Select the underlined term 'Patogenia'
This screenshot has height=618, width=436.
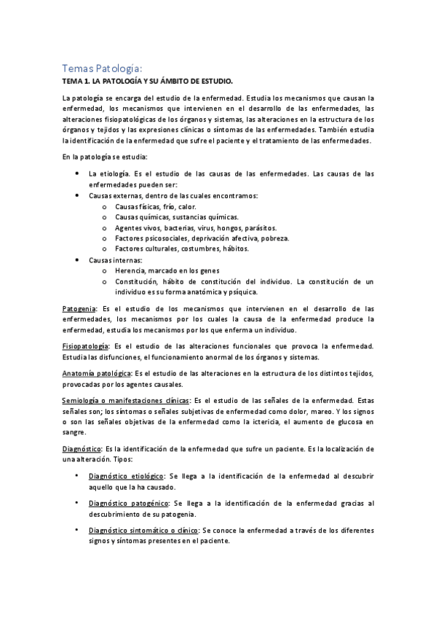click(x=78, y=308)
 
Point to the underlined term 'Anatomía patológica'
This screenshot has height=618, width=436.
click(x=95, y=372)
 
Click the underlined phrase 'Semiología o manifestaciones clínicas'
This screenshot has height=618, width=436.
click(x=126, y=401)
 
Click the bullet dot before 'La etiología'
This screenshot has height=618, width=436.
click(x=77, y=173)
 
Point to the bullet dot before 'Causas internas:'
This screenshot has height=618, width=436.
click(x=77, y=259)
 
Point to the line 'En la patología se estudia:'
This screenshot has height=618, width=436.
click(x=108, y=157)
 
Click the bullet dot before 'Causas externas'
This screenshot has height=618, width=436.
click(x=77, y=195)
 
